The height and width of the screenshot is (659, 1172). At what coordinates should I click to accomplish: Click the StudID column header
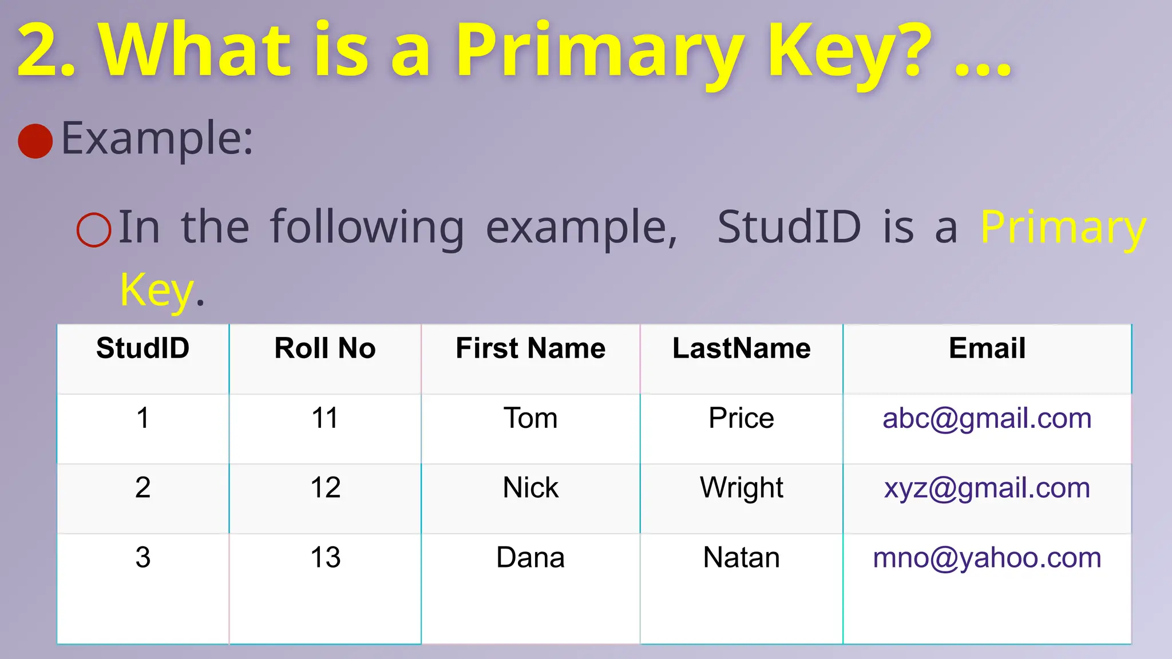point(142,348)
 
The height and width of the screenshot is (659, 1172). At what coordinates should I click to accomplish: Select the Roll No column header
point(325,348)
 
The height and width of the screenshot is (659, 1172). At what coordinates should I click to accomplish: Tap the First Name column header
point(530,348)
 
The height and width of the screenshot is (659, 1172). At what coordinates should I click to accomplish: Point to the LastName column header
point(742,348)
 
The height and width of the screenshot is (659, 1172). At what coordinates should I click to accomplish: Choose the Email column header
point(987,348)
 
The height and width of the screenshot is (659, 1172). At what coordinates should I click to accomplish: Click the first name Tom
point(530,418)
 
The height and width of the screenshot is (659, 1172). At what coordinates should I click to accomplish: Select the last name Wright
point(742,488)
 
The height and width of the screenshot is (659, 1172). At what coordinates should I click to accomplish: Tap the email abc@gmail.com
point(987,418)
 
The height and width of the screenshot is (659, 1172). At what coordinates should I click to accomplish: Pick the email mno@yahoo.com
point(987,558)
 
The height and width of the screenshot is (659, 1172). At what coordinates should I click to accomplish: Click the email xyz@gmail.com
point(987,488)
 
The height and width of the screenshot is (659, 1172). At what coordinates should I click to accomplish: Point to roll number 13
point(325,558)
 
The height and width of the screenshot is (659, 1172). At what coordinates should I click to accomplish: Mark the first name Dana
point(530,558)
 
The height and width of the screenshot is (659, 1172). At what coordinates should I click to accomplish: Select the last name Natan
point(742,558)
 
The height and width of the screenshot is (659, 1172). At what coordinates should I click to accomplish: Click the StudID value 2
point(142,488)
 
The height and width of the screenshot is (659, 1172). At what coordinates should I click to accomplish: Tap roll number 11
point(325,418)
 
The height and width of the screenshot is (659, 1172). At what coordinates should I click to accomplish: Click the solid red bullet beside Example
point(35,141)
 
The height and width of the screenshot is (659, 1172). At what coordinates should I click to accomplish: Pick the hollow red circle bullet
point(94,230)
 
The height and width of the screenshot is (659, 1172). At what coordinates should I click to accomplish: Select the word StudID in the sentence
point(789,227)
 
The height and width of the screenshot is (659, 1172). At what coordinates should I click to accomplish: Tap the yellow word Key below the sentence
point(157,291)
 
